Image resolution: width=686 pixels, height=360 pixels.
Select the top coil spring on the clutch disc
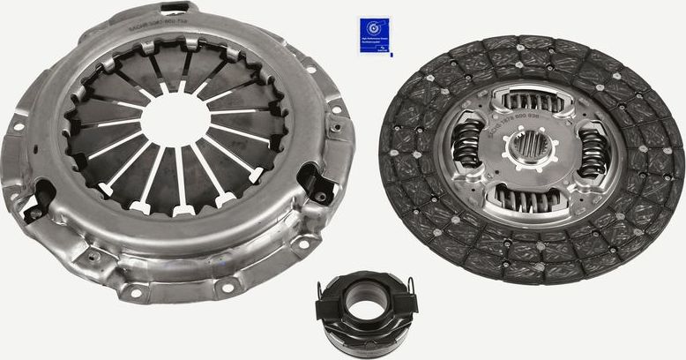(x=531, y=101)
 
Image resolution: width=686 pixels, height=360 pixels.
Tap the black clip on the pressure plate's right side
(x=315, y=184)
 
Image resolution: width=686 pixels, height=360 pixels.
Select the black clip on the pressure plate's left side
(x=37, y=199)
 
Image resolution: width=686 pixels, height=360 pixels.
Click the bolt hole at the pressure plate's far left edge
(x=16, y=126)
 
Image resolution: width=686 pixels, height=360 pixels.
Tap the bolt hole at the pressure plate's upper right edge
(x=309, y=69)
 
